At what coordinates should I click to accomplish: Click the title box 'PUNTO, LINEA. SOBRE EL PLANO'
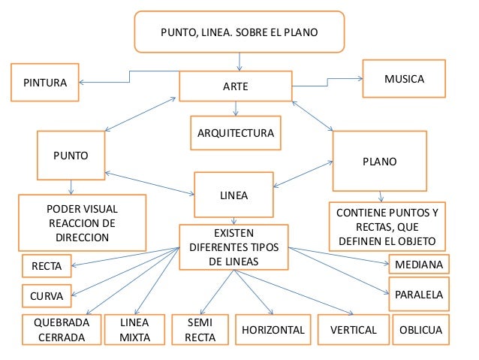click(239, 32)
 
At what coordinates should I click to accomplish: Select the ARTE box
click(235, 87)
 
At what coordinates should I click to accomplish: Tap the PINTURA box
click(45, 83)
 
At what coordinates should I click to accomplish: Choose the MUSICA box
click(404, 79)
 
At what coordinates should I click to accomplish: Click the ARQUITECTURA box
click(235, 134)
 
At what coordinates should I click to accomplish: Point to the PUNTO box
click(71, 156)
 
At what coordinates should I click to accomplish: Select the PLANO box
click(379, 161)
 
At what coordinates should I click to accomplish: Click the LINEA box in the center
click(233, 195)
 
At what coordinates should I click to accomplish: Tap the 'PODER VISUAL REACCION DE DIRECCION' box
click(82, 223)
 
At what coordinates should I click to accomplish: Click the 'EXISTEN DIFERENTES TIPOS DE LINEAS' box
click(233, 247)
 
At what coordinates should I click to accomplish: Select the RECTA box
click(47, 265)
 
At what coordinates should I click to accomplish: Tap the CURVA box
click(47, 295)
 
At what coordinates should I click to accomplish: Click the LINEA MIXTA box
click(135, 330)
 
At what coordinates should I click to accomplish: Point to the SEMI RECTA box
click(200, 330)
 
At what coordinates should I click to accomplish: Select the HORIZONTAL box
click(273, 330)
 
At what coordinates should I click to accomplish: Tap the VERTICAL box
click(351, 330)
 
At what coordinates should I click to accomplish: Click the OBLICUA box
click(420, 330)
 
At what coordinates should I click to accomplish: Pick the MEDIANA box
click(419, 265)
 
